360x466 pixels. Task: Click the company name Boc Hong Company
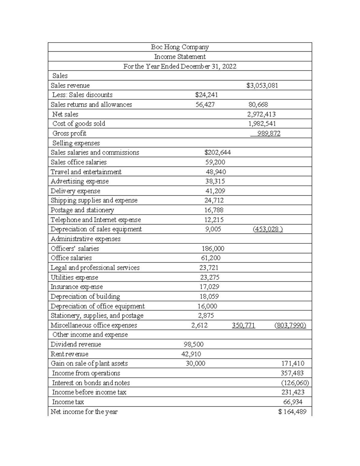coord(180,47)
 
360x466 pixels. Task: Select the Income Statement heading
coord(180,57)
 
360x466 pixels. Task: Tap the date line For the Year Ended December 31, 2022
coord(180,66)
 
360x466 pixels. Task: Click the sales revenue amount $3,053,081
coord(262,86)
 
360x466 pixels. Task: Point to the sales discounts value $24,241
coord(206,95)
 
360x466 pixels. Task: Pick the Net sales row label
coord(65,114)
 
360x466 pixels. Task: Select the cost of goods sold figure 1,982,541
coord(262,124)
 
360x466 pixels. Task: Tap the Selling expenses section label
coord(76,143)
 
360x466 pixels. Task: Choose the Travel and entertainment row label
coord(86,172)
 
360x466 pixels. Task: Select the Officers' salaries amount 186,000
coord(213,248)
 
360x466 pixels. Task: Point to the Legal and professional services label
coord(95,268)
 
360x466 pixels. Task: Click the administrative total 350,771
coord(244,325)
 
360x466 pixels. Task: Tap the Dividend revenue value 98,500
coord(193,344)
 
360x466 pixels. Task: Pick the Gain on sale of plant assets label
coord(89,363)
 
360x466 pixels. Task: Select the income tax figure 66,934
coord(293,402)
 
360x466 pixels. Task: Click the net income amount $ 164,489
coord(292,412)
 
